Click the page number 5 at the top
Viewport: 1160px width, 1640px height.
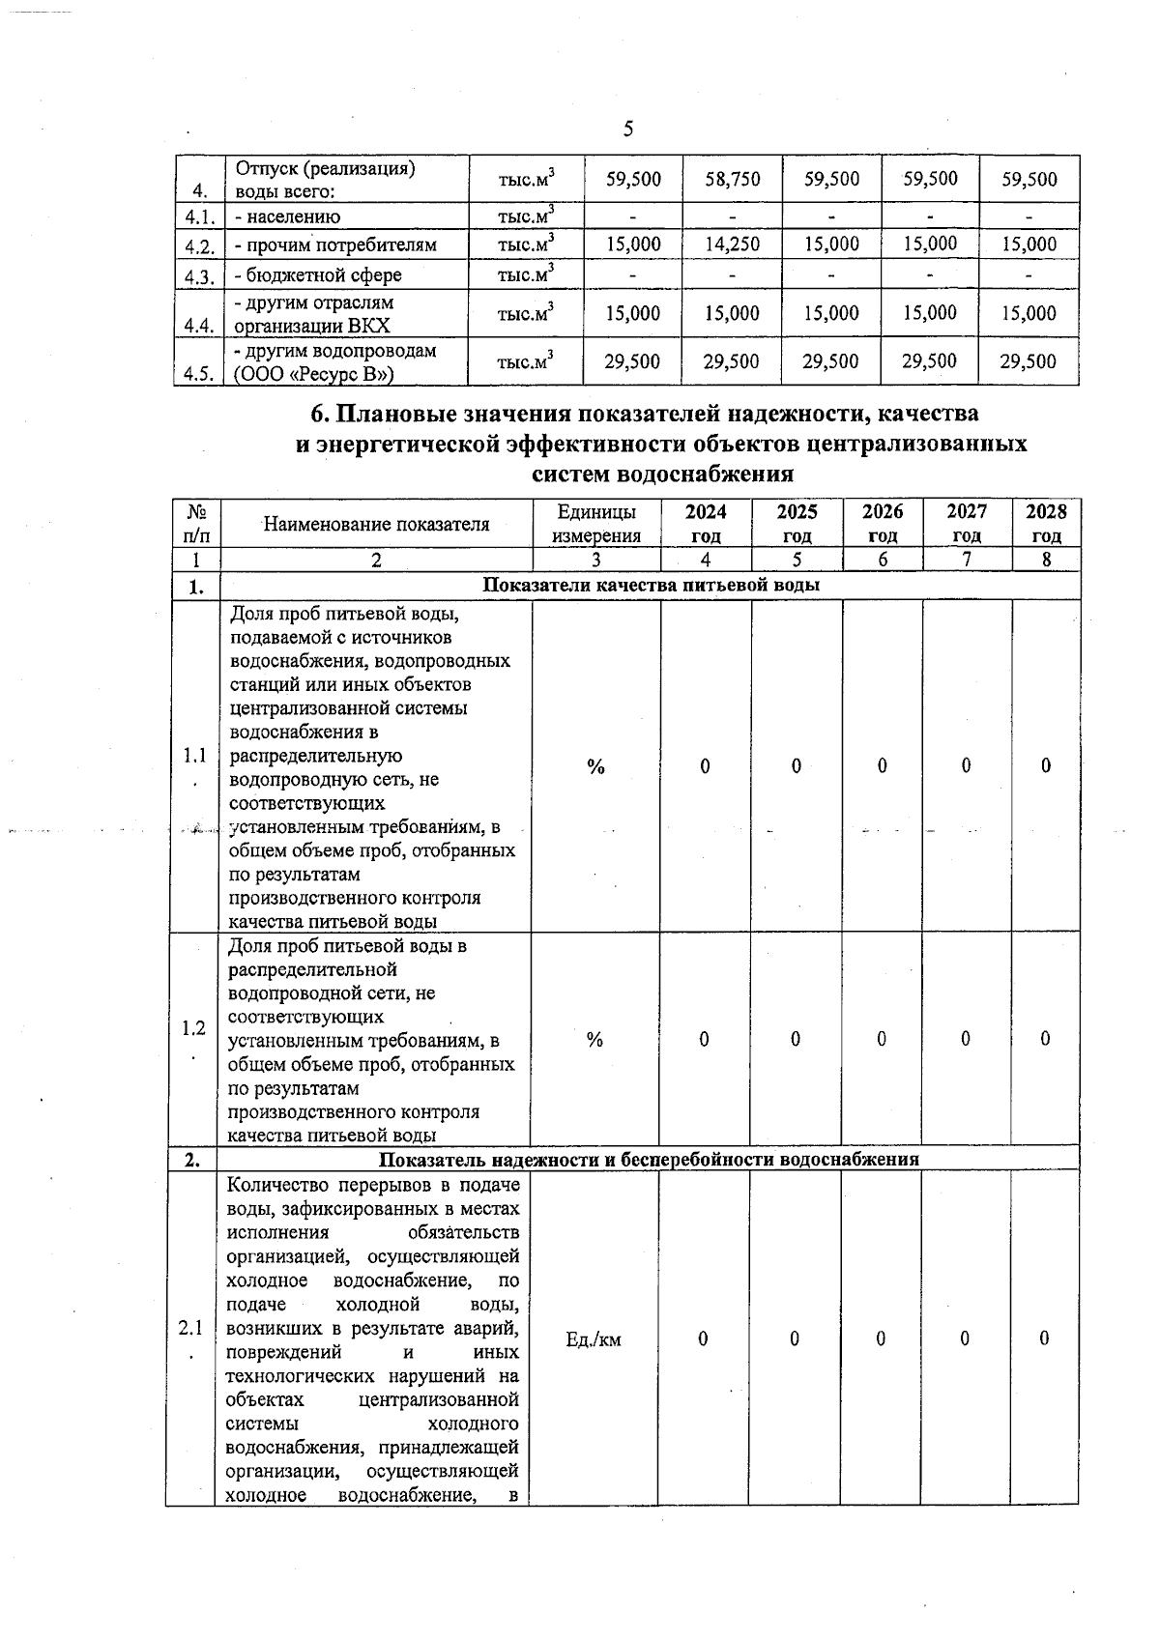(x=627, y=129)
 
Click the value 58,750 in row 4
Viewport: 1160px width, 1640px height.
(x=732, y=180)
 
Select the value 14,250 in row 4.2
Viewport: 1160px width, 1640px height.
(x=732, y=245)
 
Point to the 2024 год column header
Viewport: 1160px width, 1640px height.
(x=706, y=523)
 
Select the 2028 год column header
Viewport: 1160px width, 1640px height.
(x=1046, y=523)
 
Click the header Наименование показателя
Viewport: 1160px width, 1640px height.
(x=376, y=524)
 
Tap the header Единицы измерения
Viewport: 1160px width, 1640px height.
(x=596, y=523)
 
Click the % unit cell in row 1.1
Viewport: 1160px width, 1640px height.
(x=596, y=766)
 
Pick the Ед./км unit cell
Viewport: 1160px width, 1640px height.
(x=594, y=1339)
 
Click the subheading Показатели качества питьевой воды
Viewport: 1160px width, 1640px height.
(x=651, y=586)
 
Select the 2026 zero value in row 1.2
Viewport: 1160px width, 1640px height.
(x=882, y=1039)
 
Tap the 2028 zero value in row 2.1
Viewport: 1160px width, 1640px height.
(x=1044, y=1338)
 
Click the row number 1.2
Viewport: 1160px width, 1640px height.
(x=193, y=1028)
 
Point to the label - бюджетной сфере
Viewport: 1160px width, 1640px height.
(x=318, y=276)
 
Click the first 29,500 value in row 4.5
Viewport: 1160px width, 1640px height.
(x=632, y=361)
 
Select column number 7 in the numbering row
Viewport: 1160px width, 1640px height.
(x=967, y=560)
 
